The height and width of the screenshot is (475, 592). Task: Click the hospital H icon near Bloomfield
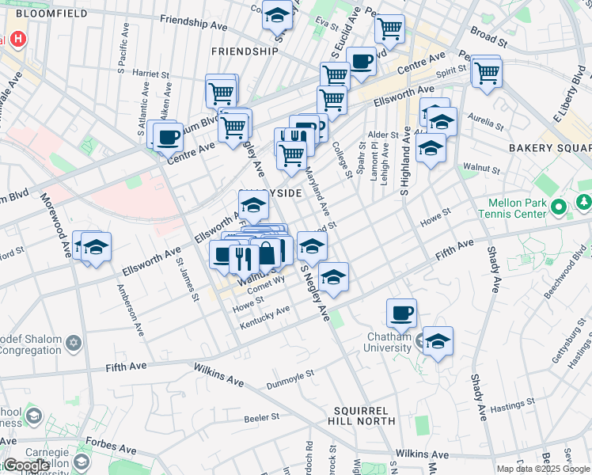pyautogui.click(x=17, y=40)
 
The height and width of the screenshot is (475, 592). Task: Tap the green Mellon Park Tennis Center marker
pyautogui.click(x=559, y=207)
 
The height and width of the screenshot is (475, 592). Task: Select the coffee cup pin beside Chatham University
pyautogui.click(x=402, y=313)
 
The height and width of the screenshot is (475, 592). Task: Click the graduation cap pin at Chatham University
pyautogui.click(x=438, y=341)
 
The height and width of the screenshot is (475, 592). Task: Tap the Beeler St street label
pyautogui.click(x=262, y=416)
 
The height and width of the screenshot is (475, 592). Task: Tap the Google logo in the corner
pyautogui.click(x=27, y=465)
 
